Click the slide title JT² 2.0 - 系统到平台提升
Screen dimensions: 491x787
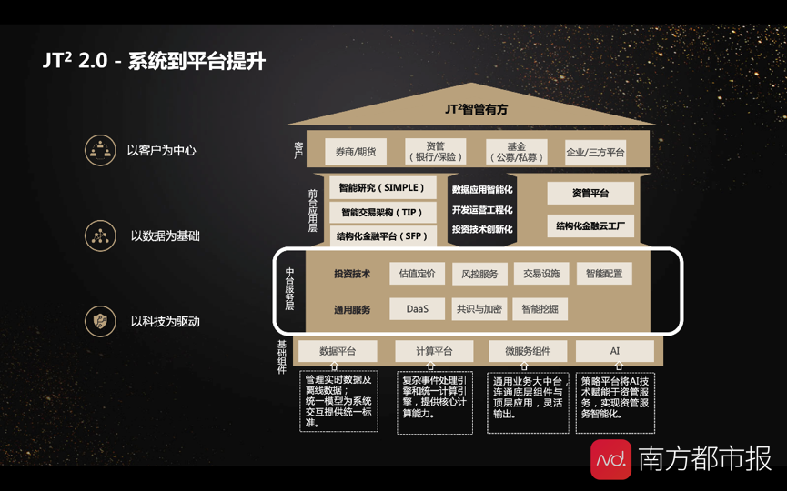pos(154,61)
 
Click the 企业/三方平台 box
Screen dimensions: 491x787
pos(595,152)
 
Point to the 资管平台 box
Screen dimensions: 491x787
pos(590,193)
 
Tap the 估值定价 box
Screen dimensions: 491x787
pos(418,274)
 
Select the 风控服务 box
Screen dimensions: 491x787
pos(479,274)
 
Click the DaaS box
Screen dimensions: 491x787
pos(418,309)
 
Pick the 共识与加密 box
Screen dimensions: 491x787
pos(479,309)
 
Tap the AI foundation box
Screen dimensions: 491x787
pos(615,351)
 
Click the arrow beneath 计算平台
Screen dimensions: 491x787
pos(434,367)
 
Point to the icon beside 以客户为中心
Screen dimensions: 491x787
pos(100,150)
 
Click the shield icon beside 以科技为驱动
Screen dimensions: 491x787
pos(100,321)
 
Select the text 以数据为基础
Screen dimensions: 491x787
pos(165,235)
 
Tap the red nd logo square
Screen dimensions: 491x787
pos(610,459)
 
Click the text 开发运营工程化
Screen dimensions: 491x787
pos(482,209)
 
